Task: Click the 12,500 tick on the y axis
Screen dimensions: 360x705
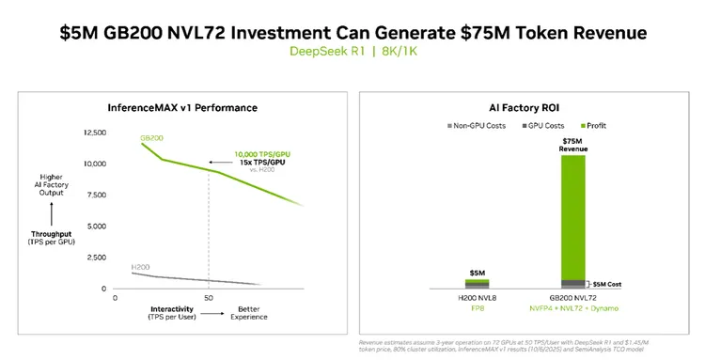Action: [96, 133]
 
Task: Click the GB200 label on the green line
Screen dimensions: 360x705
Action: [152, 138]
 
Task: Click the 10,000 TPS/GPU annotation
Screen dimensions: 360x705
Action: [262, 154]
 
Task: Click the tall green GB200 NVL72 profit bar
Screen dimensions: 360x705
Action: [572, 216]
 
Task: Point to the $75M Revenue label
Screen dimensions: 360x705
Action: [572, 144]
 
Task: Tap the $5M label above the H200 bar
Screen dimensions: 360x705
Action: [478, 274]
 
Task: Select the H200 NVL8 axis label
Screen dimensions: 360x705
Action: [478, 298]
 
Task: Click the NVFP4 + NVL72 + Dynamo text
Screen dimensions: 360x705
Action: [572, 308]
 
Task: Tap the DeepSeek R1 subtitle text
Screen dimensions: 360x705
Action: [317, 51]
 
